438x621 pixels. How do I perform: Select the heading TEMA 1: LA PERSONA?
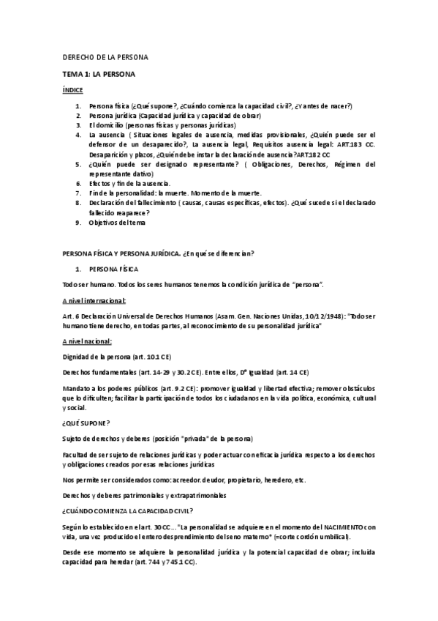99,74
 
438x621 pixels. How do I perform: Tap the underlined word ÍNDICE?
72,89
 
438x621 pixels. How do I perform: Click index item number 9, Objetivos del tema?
118,223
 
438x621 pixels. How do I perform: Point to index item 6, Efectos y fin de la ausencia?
129,183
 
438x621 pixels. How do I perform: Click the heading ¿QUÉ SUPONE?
86,424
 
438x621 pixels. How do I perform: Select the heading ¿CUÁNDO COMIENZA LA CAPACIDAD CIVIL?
135,513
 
